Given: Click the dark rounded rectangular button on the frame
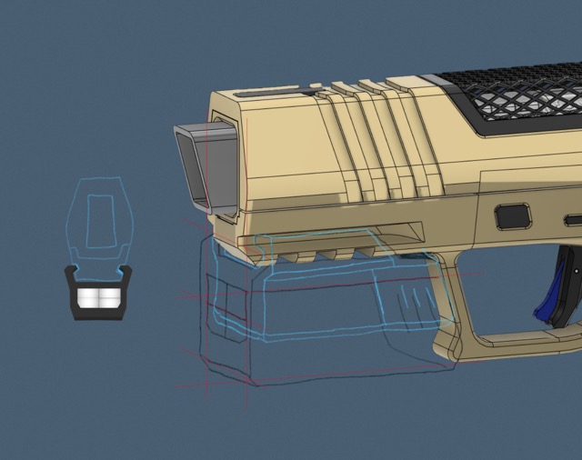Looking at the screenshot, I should [x=513, y=216].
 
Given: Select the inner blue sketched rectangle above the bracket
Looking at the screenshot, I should [x=100, y=221].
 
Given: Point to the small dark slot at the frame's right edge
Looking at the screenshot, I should [x=573, y=220].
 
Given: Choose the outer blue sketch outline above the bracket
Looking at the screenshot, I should [x=73, y=218].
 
